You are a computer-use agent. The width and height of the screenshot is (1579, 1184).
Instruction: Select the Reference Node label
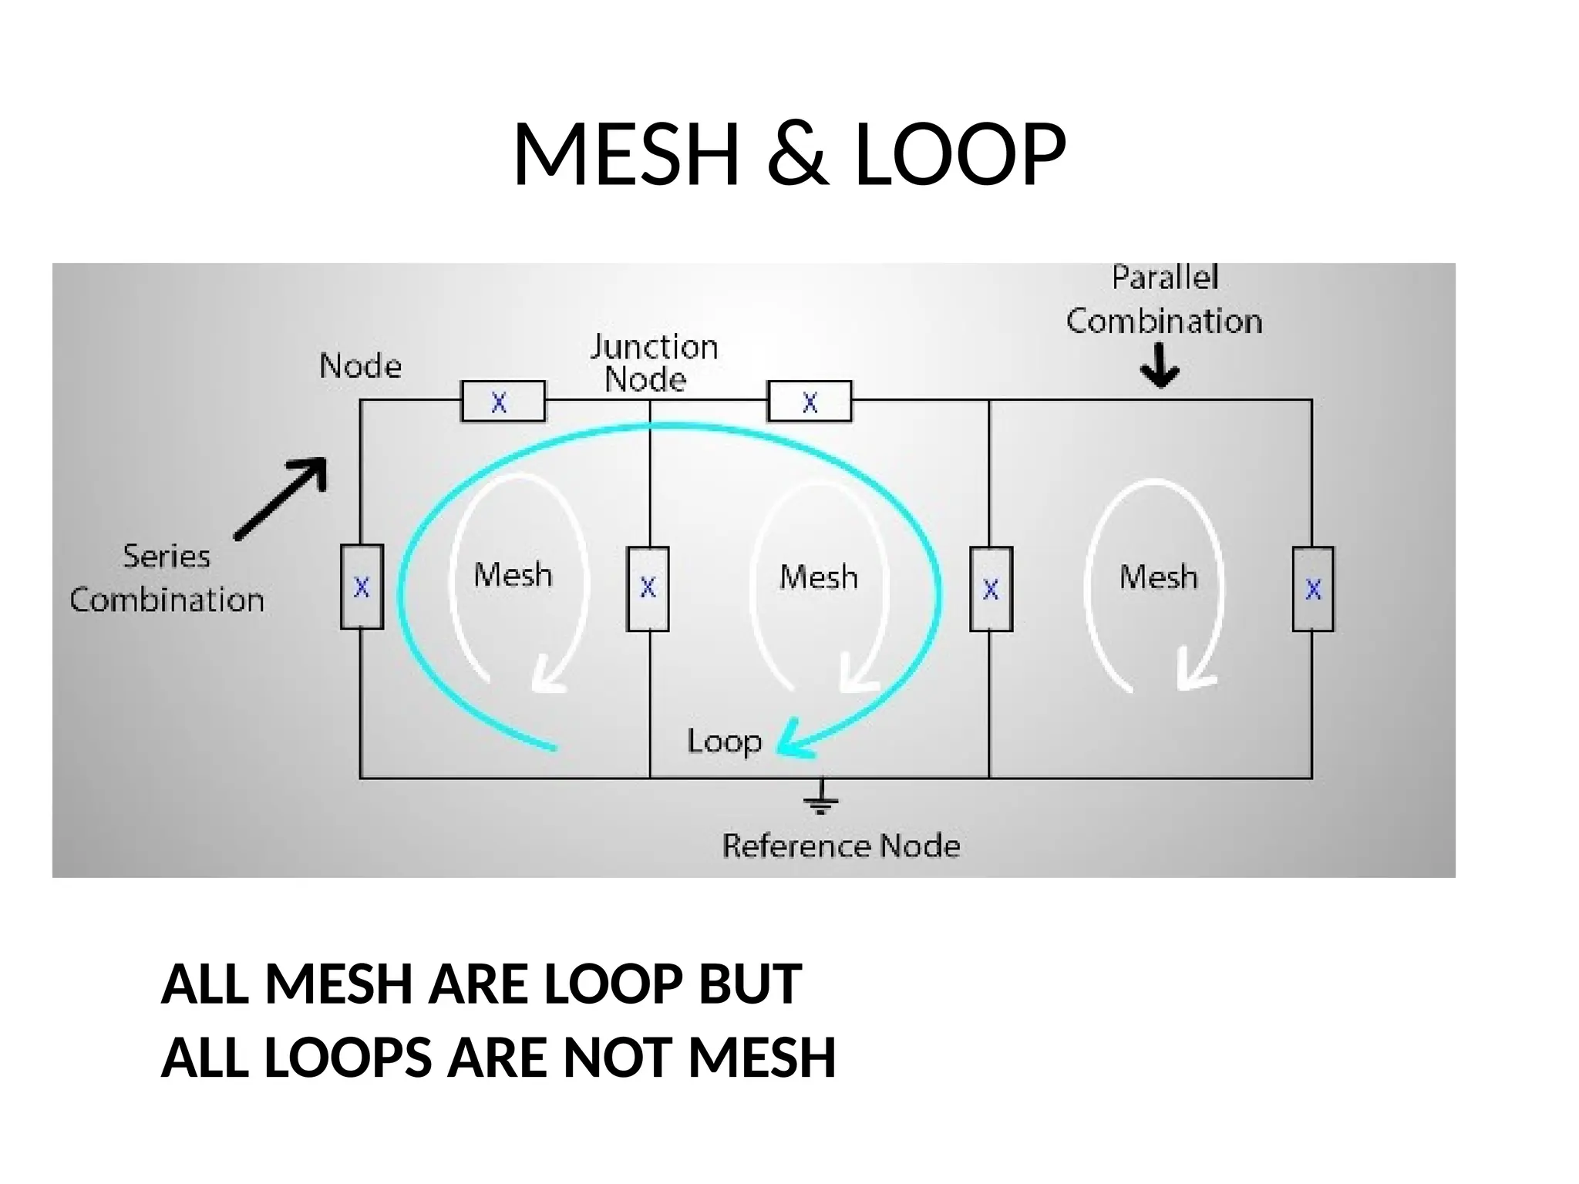coord(841,846)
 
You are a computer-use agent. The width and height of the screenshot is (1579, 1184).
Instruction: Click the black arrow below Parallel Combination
coord(1160,366)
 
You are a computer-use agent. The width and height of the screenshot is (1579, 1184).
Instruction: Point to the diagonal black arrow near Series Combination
coord(283,497)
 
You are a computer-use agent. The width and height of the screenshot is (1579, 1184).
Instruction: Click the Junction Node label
coord(652,363)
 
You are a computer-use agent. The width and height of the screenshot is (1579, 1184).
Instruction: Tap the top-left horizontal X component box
coord(503,402)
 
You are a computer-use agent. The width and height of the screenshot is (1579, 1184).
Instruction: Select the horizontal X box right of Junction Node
coord(810,402)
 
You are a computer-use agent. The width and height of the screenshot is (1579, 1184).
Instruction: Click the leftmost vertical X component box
coord(362,587)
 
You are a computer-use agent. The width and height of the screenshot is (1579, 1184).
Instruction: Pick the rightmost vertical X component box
coord(1313,590)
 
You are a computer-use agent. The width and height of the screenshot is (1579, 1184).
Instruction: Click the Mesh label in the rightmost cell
coord(1159,577)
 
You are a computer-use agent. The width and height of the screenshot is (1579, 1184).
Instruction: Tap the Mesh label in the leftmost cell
coord(513,575)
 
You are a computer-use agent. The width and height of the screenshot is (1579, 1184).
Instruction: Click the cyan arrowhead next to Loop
coord(794,742)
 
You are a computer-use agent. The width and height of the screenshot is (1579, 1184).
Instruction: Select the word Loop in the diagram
coord(724,742)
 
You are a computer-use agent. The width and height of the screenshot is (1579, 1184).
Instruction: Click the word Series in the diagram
coord(167,557)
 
